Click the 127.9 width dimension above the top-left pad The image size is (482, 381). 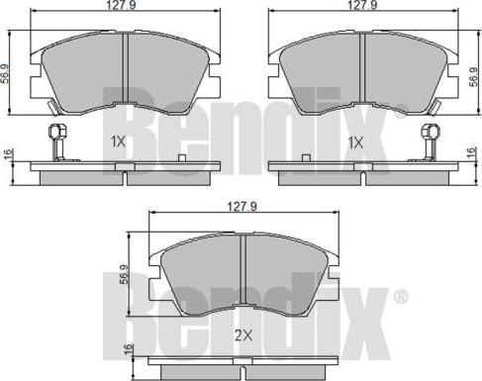(122, 5)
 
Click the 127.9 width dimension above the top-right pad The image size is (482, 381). (362, 5)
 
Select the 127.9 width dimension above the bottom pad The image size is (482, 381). (241, 207)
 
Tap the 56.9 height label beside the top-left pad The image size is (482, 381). (6, 73)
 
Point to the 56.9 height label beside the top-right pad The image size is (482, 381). (474, 76)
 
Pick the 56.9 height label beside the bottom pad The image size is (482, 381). (125, 274)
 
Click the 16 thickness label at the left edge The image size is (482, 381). (7, 154)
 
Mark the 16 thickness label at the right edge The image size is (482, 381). (473, 152)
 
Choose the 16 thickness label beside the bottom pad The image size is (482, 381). (128, 349)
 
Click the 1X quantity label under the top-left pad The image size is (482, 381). (118, 143)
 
